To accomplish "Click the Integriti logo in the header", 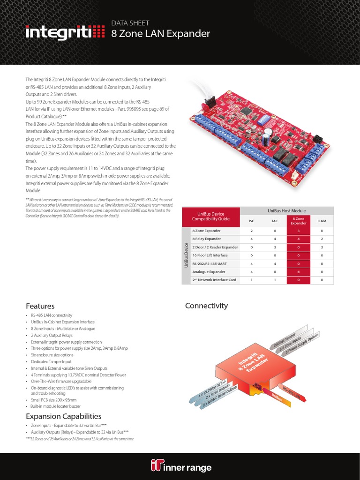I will pyautogui.click(x=65, y=33).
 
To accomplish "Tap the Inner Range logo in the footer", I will pyautogui.click(x=181, y=467).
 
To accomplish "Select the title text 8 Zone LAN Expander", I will pyautogui.click(x=160, y=34).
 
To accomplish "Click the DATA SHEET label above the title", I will pyautogui.click(x=130, y=22).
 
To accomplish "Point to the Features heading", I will pyautogui.click(x=40, y=306).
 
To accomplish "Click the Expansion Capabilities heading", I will pyautogui.click(x=63, y=416).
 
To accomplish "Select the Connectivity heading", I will pyautogui.click(x=206, y=306).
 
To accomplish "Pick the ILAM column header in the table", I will pyautogui.click(x=322, y=220).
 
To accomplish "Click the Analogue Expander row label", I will pyautogui.click(x=209, y=271).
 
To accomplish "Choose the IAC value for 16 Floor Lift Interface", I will pyautogui.click(x=275, y=255).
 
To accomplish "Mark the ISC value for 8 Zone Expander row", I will pyautogui.click(x=251, y=231).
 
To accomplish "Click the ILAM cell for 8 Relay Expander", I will pyautogui.click(x=322, y=239).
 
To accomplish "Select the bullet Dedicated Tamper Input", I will pyautogui.click(x=51, y=362).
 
